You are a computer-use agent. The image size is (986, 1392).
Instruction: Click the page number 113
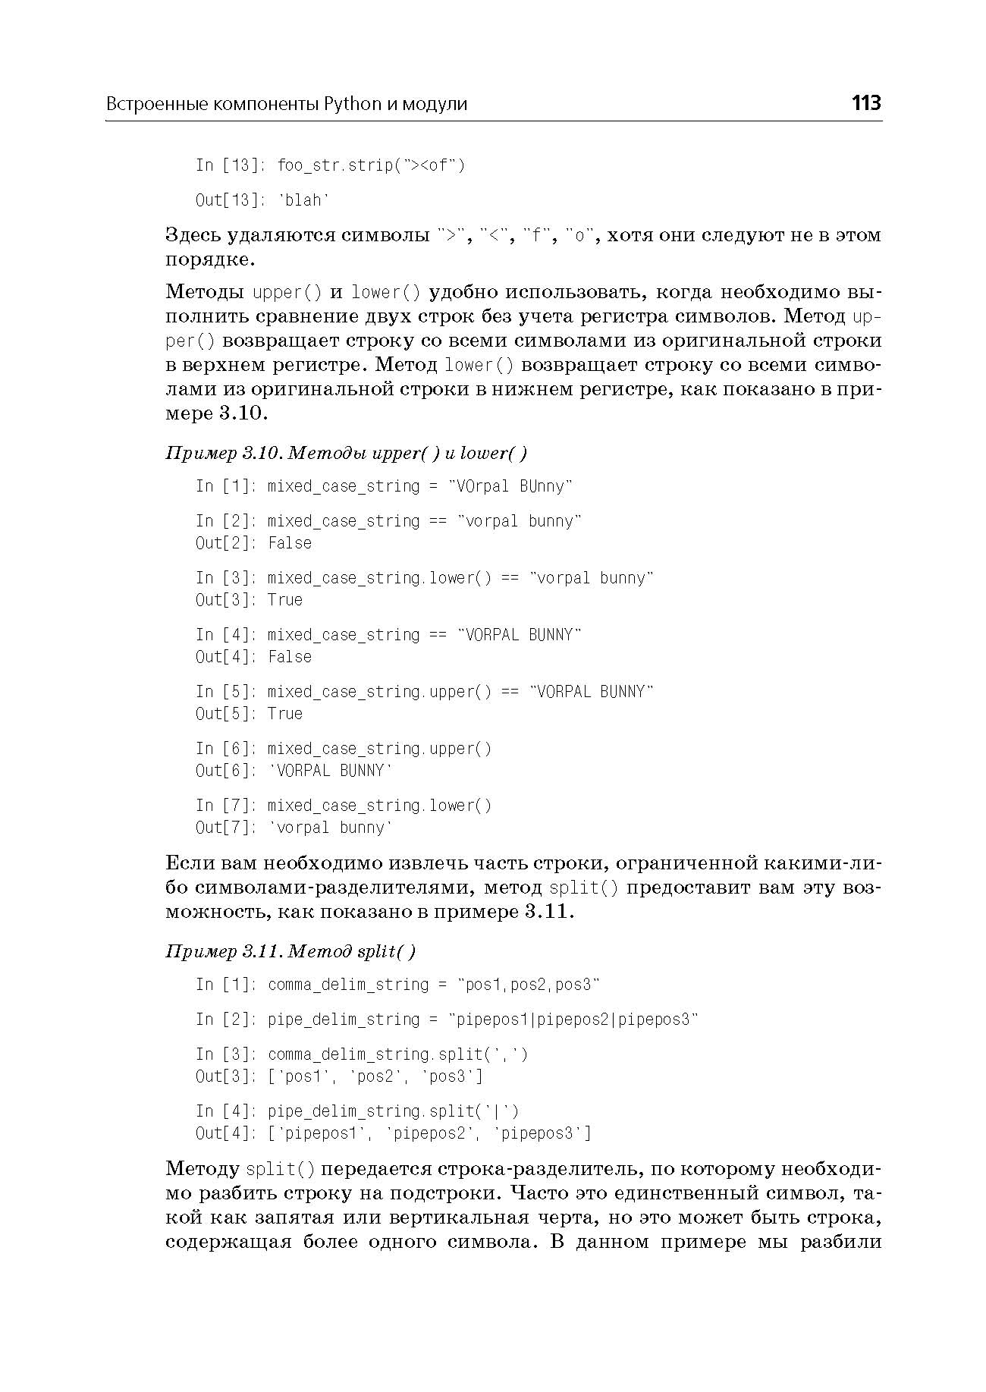(865, 102)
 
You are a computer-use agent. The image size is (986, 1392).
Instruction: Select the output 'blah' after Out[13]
(304, 200)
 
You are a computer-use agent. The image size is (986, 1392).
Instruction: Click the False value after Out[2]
(290, 543)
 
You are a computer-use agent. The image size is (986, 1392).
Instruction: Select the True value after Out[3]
(285, 600)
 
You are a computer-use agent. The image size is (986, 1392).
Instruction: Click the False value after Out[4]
(290, 657)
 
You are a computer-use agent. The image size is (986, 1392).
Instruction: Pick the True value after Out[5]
(285, 714)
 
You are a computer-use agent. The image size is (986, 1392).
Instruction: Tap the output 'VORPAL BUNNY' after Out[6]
(331, 771)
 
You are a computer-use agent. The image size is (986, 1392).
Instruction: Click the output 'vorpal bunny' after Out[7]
(331, 828)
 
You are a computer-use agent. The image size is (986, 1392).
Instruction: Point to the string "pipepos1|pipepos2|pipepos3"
(573, 1020)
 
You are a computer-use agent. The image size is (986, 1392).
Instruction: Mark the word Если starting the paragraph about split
(190, 863)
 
